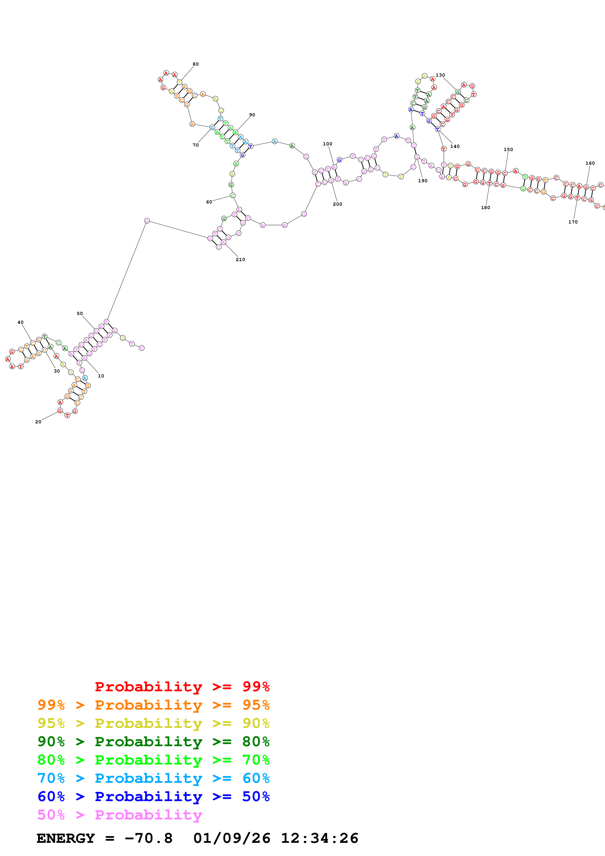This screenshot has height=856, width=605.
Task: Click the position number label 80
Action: tap(196, 64)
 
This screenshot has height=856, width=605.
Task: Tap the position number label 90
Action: tap(252, 115)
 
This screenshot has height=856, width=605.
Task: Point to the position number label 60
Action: tap(209, 202)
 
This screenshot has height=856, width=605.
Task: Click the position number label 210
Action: tap(240, 259)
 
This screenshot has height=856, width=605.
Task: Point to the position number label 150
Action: tap(508, 150)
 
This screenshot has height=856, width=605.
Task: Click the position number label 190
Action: tap(423, 181)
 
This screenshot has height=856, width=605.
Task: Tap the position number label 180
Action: tap(486, 208)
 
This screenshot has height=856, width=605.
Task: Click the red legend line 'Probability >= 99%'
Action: tap(182, 687)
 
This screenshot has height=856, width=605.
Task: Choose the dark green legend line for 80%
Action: tap(154, 742)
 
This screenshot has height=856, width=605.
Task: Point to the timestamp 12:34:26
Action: tap(319, 838)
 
